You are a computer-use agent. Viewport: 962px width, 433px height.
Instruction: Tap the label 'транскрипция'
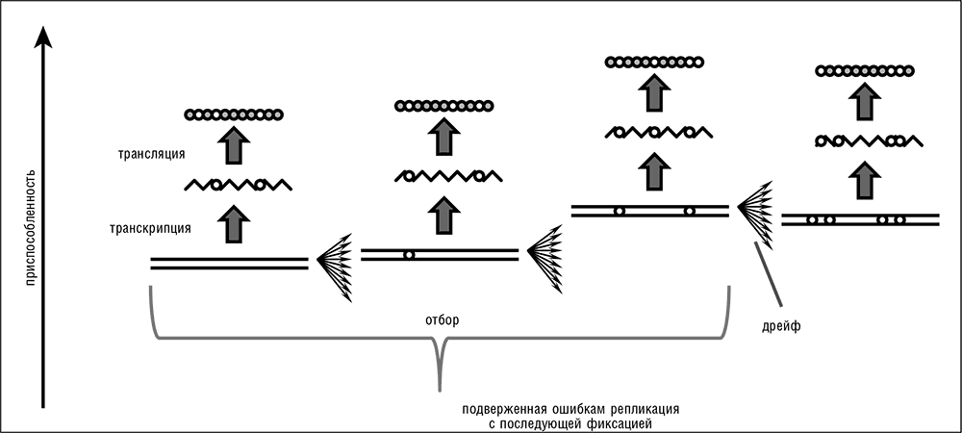[149, 228]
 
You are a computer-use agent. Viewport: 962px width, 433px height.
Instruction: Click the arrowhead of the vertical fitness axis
[43, 37]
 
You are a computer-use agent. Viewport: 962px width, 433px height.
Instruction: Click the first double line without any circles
[229, 263]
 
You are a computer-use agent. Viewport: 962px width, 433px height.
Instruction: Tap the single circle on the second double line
[409, 255]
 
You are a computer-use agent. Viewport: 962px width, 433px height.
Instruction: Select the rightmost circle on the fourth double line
[900, 220]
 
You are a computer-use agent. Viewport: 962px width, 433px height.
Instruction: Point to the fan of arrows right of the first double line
[335, 263]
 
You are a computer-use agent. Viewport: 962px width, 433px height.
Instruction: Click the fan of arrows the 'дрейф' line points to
[755, 207]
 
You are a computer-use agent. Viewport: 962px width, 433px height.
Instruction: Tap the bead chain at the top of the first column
[234, 115]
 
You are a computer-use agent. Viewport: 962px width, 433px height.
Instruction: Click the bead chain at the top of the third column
[654, 63]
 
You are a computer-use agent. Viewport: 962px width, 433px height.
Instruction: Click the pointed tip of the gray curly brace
[441, 387]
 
